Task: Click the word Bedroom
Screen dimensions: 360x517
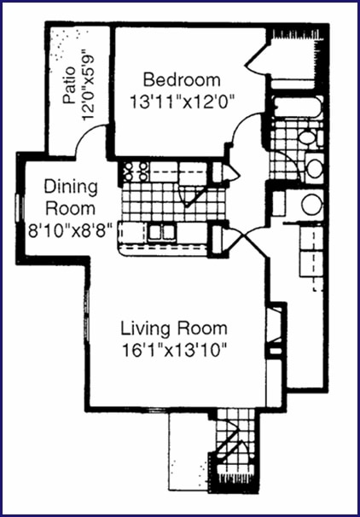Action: (182, 80)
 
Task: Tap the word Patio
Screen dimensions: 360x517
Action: (70, 85)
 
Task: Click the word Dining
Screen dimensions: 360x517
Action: (71, 188)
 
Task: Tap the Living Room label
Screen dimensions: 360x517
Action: (174, 328)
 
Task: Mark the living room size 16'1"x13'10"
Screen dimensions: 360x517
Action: (175, 351)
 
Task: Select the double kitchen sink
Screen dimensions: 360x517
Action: (161, 232)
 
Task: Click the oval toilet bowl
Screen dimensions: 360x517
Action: (307, 137)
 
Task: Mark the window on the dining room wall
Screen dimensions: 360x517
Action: (19, 207)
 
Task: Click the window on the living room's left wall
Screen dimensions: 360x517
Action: (87, 315)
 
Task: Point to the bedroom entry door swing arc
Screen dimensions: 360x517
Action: (243, 124)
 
